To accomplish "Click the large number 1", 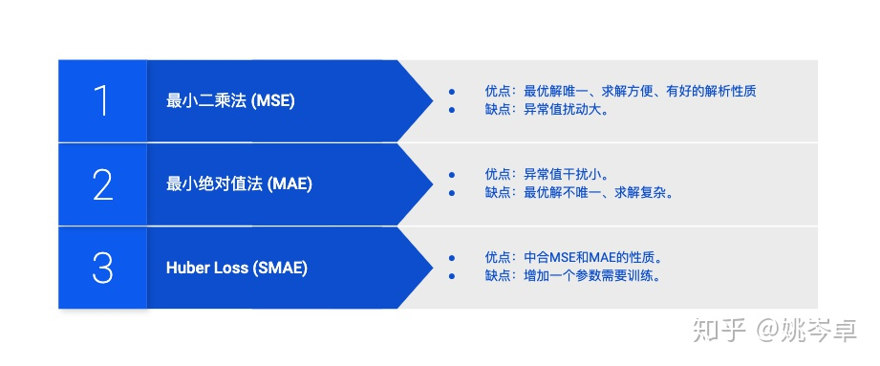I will point(101,101).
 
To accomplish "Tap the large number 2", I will point(102,184).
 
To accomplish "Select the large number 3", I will point(102,268).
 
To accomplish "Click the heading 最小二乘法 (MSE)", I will point(230,101).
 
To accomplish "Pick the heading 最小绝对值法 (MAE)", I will point(239,184).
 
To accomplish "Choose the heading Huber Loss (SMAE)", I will point(236,268).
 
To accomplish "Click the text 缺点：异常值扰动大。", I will point(547,109).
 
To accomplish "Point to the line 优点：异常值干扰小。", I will point(547,174).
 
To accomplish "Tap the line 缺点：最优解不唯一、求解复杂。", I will point(579,192).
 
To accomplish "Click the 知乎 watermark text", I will point(719,331).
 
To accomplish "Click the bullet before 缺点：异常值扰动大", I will point(452,109).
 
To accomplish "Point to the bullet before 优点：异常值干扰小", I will point(452,174).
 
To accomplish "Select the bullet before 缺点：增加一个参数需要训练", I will point(452,275).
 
